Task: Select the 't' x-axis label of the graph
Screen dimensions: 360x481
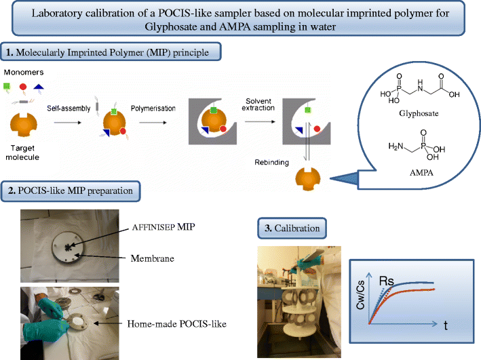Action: click(x=446, y=325)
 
